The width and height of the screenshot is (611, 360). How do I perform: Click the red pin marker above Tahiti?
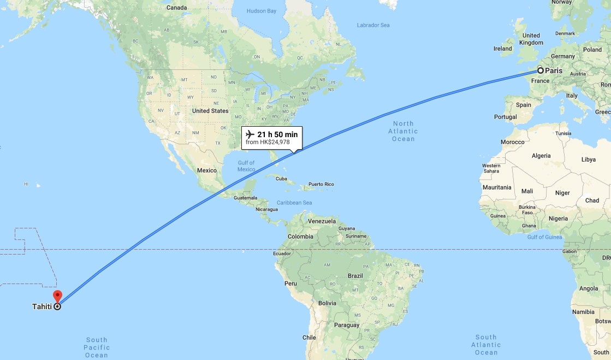tap(57, 296)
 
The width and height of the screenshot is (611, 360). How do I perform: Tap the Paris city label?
tap(554, 70)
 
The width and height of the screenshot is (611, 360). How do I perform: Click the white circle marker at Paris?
tap(540, 70)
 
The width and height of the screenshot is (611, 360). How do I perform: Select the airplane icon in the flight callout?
tap(251, 134)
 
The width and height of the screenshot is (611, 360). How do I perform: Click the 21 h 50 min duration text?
tap(277, 134)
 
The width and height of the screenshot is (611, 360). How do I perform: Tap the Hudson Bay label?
tap(262, 11)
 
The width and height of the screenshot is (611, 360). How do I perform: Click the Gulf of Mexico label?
tap(246, 166)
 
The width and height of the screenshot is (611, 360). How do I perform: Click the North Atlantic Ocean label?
tap(403, 131)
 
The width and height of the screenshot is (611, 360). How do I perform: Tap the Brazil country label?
tap(356, 275)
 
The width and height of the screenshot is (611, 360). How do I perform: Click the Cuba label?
tap(281, 179)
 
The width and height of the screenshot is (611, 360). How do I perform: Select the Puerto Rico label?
tap(321, 184)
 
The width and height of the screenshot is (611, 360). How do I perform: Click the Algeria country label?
tap(541, 156)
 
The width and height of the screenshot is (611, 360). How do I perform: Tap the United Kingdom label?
tap(531, 39)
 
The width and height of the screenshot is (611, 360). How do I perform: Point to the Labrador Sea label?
tap(373, 25)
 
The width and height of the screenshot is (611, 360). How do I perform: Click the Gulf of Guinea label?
tap(544, 237)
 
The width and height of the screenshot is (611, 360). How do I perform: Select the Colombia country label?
tap(300, 237)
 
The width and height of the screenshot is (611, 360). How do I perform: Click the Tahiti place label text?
tap(42, 306)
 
